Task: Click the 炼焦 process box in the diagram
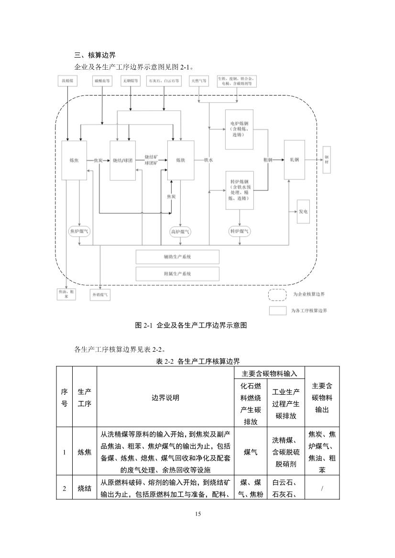click(74, 160)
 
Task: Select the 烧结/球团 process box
click(122, 160)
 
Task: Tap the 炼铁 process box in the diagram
click(180, 160)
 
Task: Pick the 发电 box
click(303, 211)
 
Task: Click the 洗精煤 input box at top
click(67, 81)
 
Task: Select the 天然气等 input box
click(199, 81)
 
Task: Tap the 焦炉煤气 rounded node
click(79, 232)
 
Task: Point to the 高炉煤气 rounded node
click(180, 232)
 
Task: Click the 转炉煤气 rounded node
click(240, 232)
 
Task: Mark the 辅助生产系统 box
click(177, 257)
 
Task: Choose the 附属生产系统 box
click(177, 274)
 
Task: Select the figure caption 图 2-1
click(197, 326)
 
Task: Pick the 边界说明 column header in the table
click(165, 397)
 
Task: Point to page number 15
click(198, 514)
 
